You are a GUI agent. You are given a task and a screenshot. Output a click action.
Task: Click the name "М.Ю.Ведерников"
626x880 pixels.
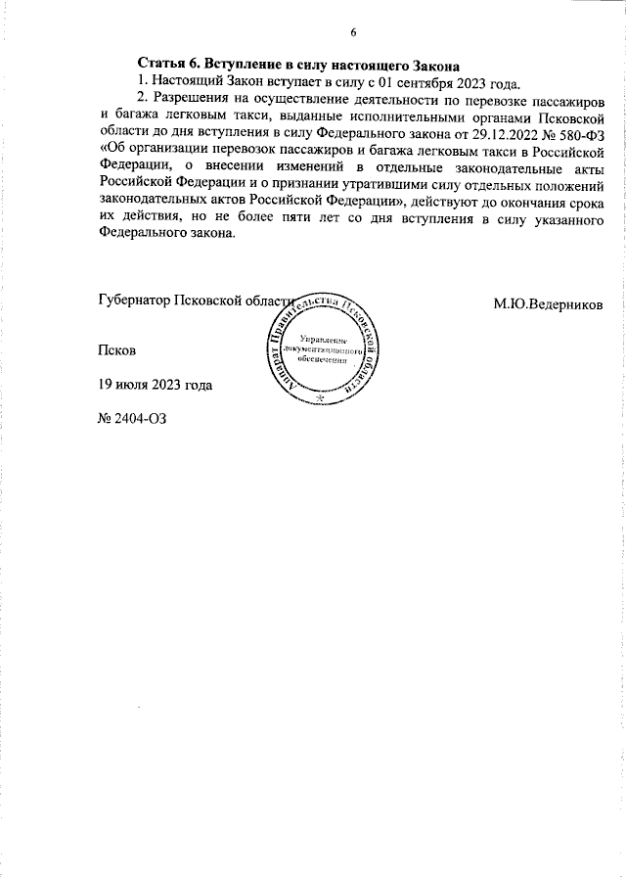(x=548, y=302)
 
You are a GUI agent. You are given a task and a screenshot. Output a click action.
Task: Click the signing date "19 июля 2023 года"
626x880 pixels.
(x=156, y=384)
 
